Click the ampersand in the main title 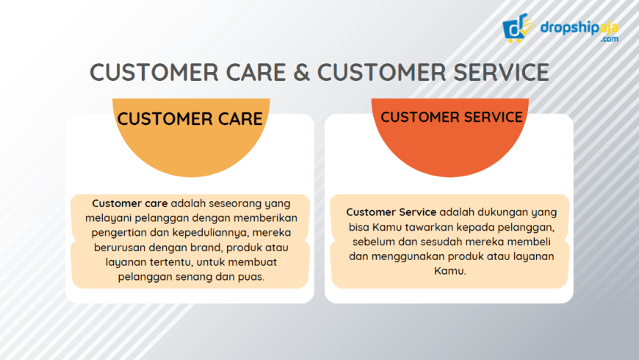pos(304,72)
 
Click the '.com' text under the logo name pos(609,40)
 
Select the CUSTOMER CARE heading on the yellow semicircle pos(189,119)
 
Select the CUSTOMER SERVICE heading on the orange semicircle pos(452,117)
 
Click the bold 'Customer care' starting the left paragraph pos(130,203)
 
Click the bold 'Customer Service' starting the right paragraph pos(391,212)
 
